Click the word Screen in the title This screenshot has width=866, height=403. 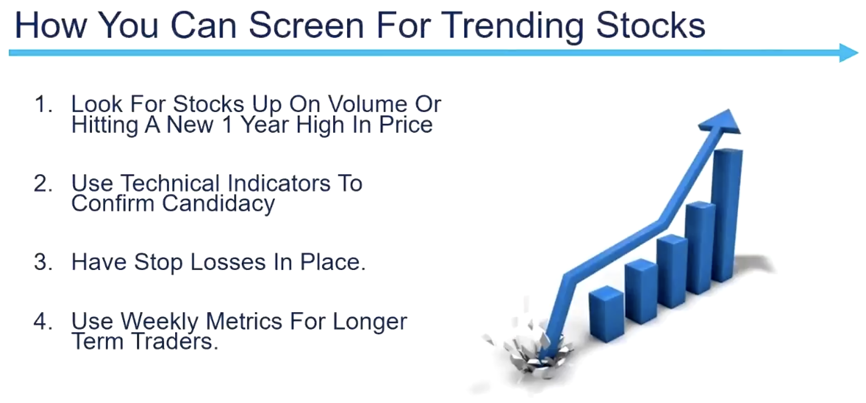click(x=306, y=25)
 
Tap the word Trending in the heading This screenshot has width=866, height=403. click(x=512, y=26)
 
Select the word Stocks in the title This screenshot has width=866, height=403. click(x=651, y=25)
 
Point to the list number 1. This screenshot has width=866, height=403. click(x=44, y=104)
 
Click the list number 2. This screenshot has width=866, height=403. click(x=44, y=183)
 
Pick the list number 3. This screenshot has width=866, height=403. click(x=44, y=262)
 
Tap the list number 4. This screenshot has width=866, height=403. click(x=44, y=322)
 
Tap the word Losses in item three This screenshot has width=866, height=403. click(x=228, y=262)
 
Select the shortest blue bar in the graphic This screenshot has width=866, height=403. click(x=606, y=314)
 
